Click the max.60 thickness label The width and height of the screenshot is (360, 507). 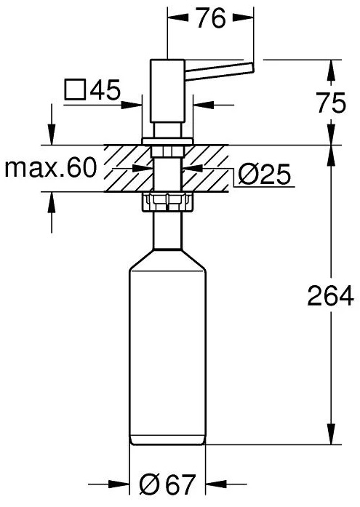point(51,169)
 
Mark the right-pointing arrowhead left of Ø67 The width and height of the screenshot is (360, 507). point(120,484)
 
